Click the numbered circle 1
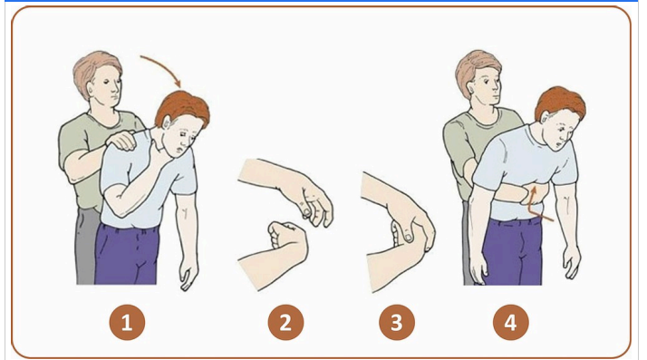click(127, 322)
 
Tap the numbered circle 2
click(285, 322)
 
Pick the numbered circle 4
click(512, 322)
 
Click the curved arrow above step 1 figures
click(163, 67)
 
